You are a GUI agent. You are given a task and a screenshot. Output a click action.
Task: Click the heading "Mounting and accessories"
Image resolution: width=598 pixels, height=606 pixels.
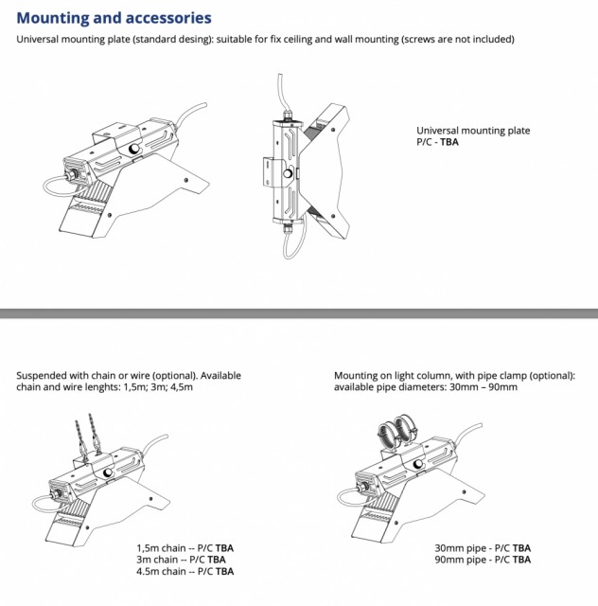point(114,18)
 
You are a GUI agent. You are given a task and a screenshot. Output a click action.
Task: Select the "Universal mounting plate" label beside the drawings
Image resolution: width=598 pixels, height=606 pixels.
point(473,131)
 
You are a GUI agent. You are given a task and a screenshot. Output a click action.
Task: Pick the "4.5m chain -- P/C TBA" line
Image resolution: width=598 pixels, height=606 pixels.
point(185,571)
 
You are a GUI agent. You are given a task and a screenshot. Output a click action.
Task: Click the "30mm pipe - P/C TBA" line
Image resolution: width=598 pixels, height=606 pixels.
point(483,548)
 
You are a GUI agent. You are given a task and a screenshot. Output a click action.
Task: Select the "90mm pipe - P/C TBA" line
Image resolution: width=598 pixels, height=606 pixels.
point(483,560)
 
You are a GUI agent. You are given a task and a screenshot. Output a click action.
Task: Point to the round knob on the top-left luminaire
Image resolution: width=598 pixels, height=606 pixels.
point(134,150)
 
